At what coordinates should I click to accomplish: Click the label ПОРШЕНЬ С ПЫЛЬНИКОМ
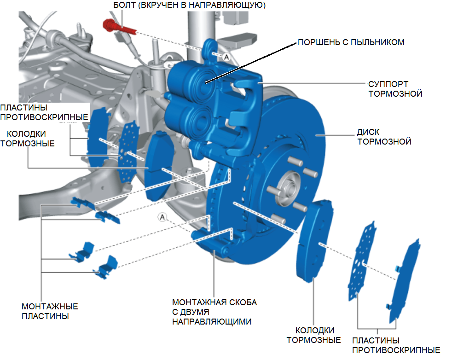pos(351,42)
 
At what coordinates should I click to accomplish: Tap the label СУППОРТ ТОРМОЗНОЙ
pos(395,89)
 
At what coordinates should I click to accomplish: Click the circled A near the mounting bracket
pos(162,216)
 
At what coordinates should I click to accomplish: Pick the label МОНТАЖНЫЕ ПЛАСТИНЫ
pos(50,311)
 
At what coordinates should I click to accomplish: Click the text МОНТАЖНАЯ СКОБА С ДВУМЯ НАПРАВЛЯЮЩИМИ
pos(214,312)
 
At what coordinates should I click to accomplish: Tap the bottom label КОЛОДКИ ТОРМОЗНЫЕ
pos(313,335)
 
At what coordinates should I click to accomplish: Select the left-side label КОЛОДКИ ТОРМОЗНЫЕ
pos(28,138)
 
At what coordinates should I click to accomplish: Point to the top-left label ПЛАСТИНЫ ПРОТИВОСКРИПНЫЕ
pos(44,112)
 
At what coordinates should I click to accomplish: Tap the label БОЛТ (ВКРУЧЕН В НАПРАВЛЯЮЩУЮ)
pos(189,6)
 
